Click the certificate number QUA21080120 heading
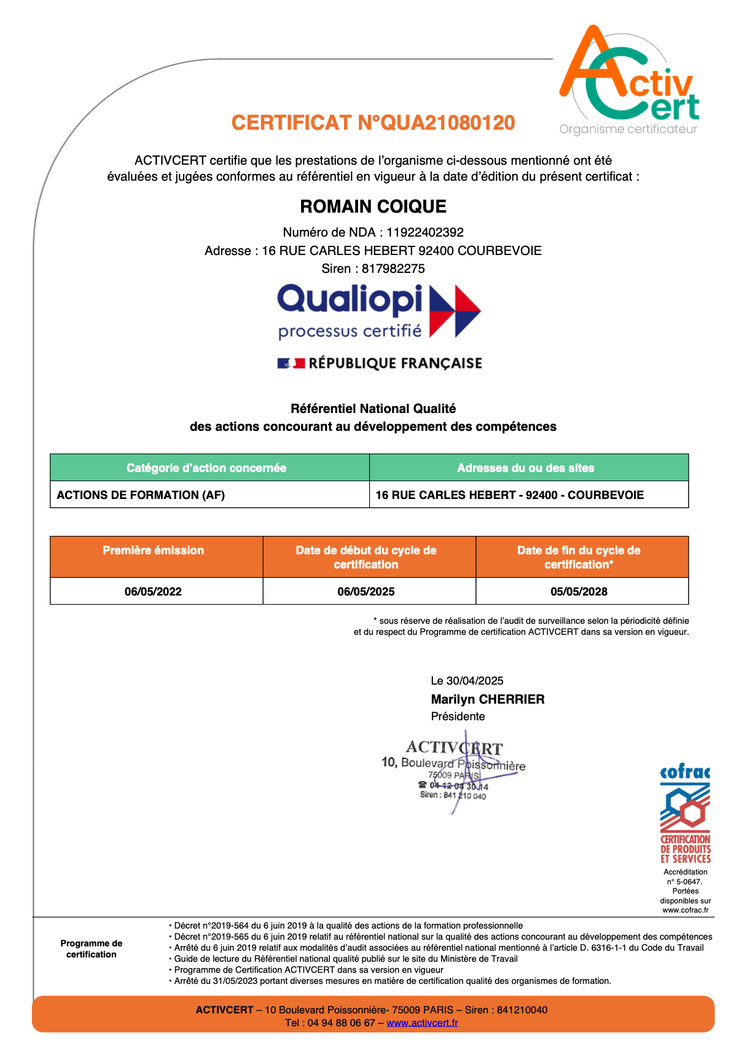tap(373, 123)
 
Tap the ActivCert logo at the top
tap(628, 80)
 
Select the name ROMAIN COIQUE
tap(373, 206)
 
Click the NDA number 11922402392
tap(424, 232)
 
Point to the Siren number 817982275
tap(393, 269)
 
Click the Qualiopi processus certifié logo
tap(378, 311)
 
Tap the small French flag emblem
tap(291, 363)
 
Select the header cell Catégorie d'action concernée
tap(206, 468)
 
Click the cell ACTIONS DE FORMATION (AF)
tap(141, 495)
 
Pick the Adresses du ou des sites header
tap(525, 468)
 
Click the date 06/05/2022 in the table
tap(153, 592)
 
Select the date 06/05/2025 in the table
tap(366, 592)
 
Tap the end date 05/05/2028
tap(579, 592)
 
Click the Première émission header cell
tap(153, 551)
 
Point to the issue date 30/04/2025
tap(475, 681)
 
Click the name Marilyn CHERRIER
tap(487, 699)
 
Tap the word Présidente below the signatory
tap(458, 717)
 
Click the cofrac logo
tap(685, 814)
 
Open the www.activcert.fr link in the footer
tap(422, 1023)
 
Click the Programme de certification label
tap(91, 949)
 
